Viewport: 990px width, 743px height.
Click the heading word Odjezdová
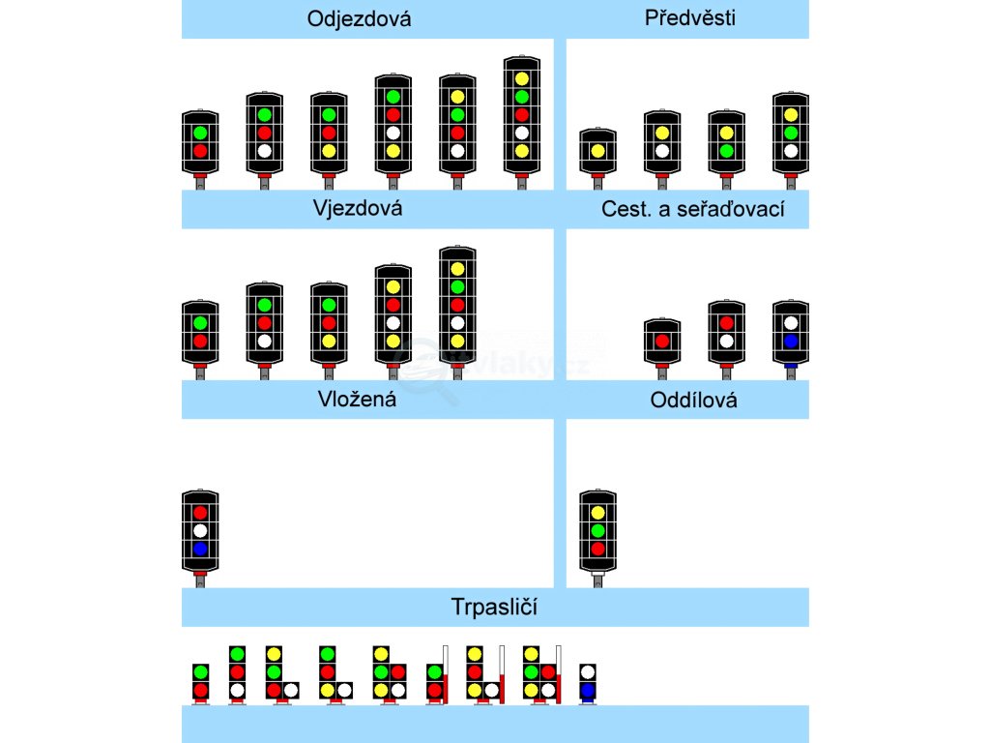coord(359,19)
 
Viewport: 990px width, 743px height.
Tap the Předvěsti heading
coord(689,18)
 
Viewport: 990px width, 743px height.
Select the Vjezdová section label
coord(358,208)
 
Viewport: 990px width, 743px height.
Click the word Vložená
coord(357,399)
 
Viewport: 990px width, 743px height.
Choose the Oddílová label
coord(694,400)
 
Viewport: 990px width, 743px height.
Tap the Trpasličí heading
coord(494,608)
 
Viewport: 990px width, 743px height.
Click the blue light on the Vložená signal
coord(200,549)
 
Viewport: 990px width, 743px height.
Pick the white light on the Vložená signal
coord(200,530)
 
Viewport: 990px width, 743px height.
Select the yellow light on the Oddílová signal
coord(597,512)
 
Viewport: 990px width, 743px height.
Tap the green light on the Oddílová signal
coord(597,530)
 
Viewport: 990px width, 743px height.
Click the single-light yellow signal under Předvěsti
coord(597,151)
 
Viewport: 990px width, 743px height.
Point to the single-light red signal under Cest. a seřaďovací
coord(662,341)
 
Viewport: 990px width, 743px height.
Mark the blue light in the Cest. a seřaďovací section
coord(791,342)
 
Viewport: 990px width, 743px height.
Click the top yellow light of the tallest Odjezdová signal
coord(522,78)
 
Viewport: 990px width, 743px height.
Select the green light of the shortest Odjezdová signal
coord(200,133)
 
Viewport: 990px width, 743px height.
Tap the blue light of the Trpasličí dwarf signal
coord(588,691)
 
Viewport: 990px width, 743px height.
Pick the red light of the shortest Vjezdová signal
coord(200,342)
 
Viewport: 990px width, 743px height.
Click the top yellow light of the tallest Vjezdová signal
coord(457,268)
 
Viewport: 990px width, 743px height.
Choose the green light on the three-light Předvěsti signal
coord(791,133)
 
